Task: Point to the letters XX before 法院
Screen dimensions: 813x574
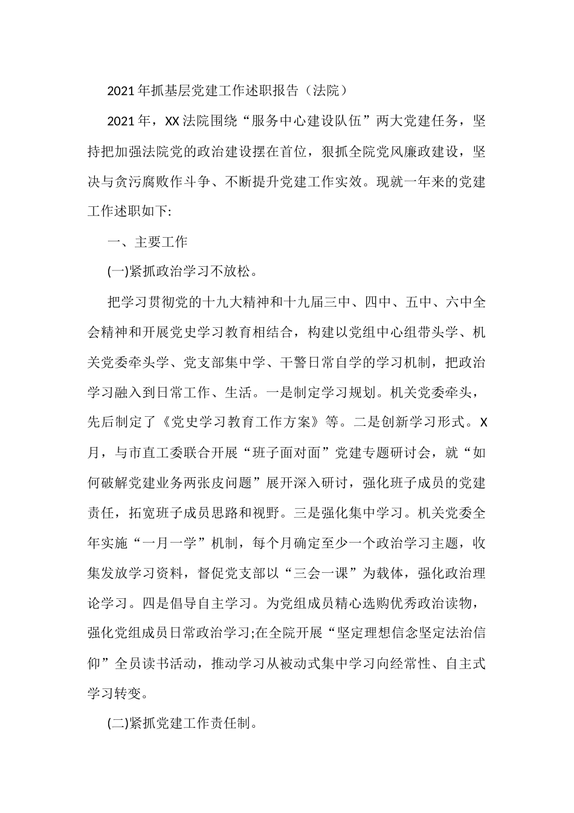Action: point(172,121)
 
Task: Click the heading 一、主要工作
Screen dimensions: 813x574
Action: point(147,242)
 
